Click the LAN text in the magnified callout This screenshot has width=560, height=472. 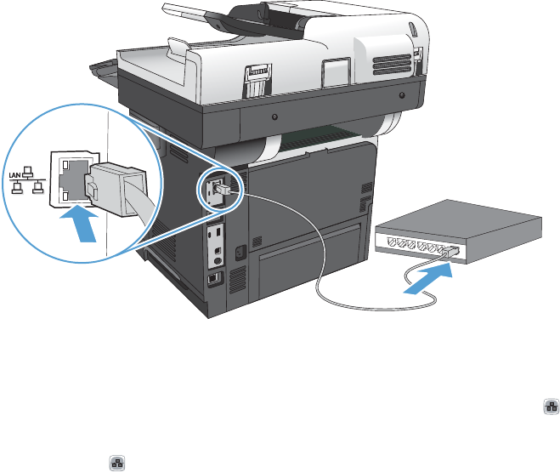tap(14, 174)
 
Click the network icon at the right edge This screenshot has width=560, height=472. tap(549, 408)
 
